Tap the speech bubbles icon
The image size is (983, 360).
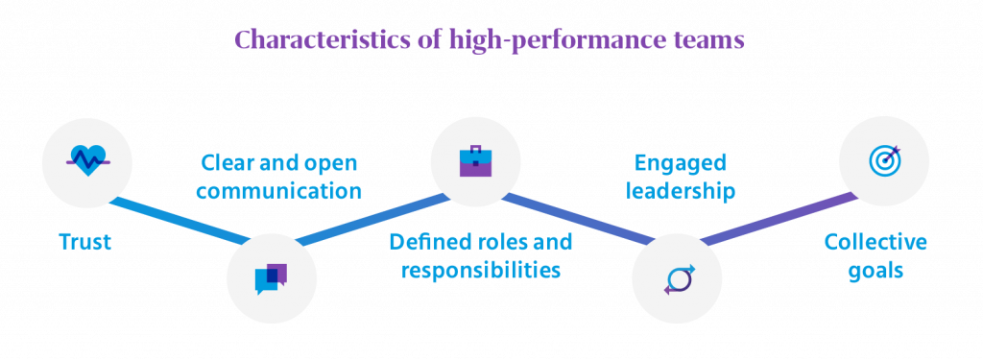point(271,278)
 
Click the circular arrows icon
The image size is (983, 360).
point(677,278)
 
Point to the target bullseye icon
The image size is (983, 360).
point(883,160)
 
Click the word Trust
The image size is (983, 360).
point(84,242)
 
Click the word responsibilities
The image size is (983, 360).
point(480,269)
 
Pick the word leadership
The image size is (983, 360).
point(681,191)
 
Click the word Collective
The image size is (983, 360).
point(875,241)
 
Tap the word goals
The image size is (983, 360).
point(875,270)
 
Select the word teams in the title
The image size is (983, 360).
point(707,41)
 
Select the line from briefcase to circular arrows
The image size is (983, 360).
point(576,219)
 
